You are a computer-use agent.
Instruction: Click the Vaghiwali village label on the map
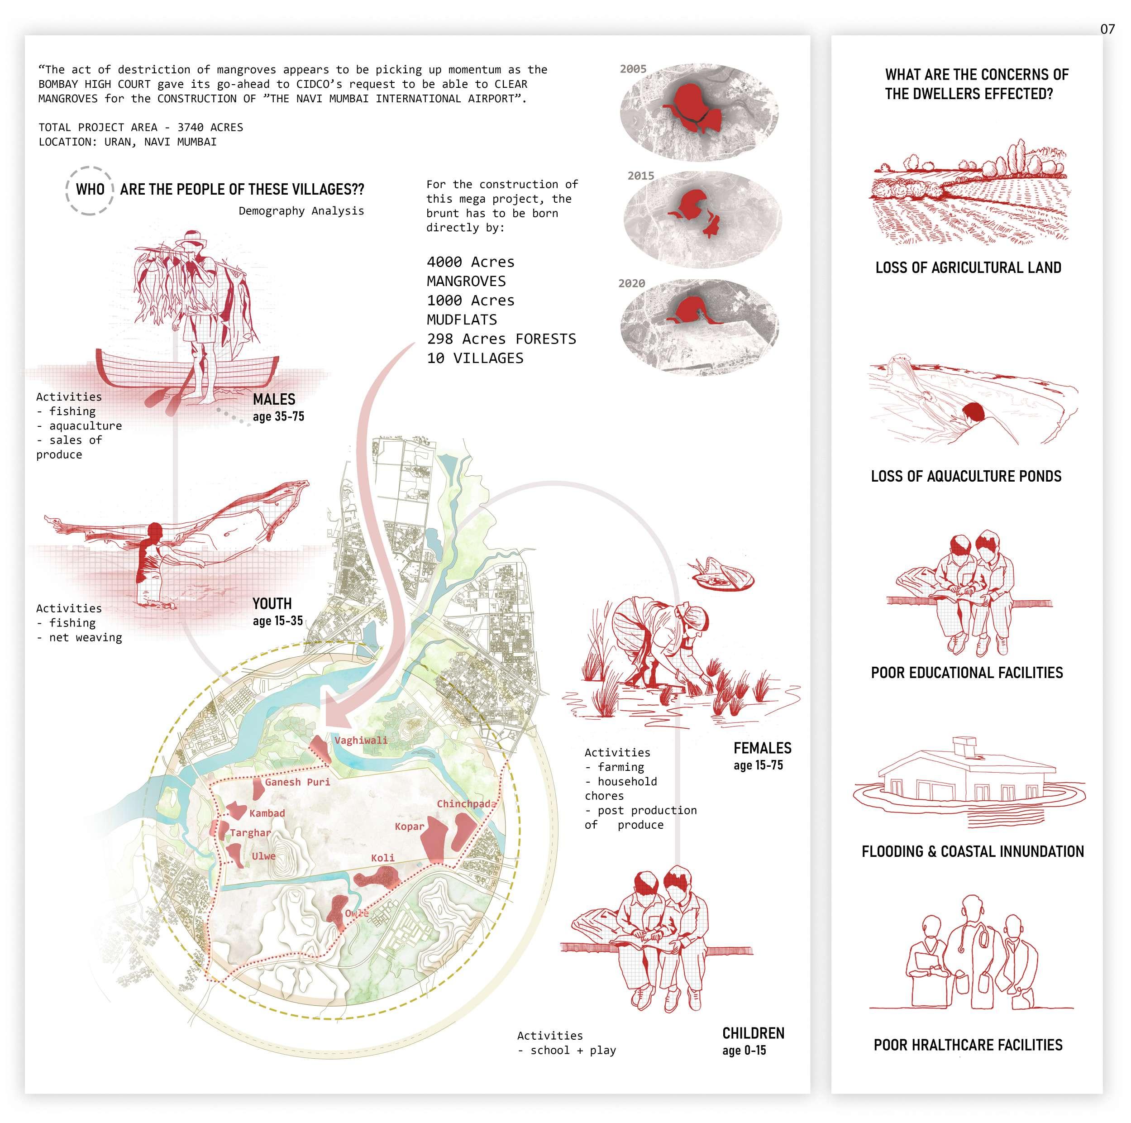361,740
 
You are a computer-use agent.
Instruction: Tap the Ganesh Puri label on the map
297,782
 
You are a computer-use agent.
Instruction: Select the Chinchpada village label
466,803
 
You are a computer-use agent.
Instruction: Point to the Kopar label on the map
409,826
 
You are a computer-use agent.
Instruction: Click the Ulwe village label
263,855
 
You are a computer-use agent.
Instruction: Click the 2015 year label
640,176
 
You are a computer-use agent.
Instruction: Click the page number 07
1107,29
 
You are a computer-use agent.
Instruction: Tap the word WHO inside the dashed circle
90,190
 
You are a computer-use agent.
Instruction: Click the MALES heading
274,399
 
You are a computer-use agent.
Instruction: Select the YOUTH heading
272,604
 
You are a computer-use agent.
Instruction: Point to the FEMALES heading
762,748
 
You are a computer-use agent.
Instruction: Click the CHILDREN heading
753,1033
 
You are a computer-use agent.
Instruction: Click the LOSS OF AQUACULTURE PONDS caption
966,476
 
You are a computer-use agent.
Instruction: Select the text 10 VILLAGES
475,358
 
